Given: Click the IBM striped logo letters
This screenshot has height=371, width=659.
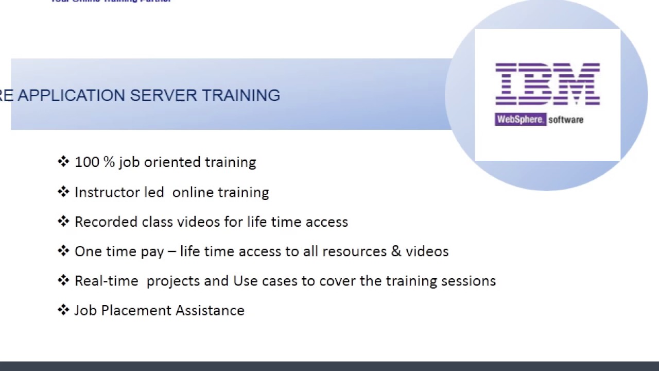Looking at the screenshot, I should pos(547,84).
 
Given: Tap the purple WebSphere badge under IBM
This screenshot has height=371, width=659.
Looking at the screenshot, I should pos(520,120).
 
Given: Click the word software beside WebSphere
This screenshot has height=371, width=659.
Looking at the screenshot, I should pos(566,120).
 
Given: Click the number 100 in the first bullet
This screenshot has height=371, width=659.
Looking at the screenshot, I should pos(87,162).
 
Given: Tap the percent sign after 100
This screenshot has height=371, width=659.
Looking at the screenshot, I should pos(109,162).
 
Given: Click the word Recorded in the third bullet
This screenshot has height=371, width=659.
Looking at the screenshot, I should pos(106,222).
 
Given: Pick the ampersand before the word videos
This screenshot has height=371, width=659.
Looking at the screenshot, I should pos(396,251).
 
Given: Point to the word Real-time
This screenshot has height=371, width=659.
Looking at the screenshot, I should pos(106,281).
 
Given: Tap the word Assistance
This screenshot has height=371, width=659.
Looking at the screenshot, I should pos(210,311).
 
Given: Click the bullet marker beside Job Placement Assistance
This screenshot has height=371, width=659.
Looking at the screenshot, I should pos(63,310).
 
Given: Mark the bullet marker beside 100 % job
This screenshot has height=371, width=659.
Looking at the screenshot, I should pos(63,162).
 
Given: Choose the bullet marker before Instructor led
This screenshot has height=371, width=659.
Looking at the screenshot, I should pos(63,192).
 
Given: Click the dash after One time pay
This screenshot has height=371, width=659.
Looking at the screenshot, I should pos(171,252).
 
